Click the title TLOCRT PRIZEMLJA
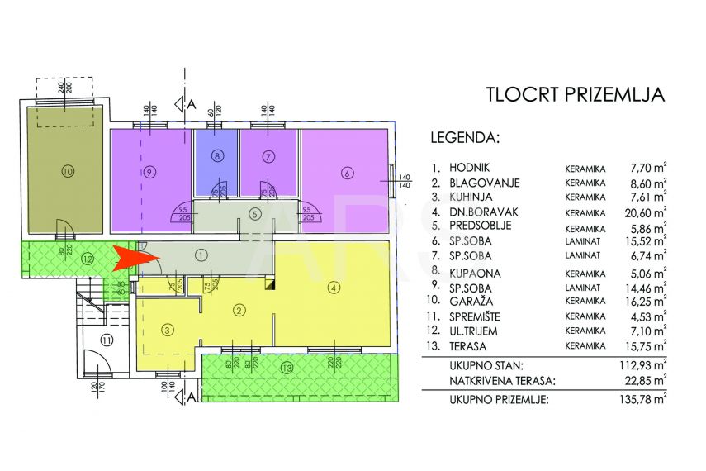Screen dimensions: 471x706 point(575,93)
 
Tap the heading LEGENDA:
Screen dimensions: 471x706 point(465,137)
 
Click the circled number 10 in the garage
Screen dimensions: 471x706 point(68,172)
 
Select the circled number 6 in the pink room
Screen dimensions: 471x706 point(347,173)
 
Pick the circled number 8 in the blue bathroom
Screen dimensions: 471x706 point(217,155)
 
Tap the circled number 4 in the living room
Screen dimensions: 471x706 point(334,288)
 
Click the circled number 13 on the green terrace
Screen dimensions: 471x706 point(287,366)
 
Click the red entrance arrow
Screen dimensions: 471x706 point(135,257)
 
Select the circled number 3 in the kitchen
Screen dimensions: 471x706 point(168,331)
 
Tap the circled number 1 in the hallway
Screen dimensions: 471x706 point(201,255)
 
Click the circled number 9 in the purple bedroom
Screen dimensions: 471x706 point(149,173)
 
